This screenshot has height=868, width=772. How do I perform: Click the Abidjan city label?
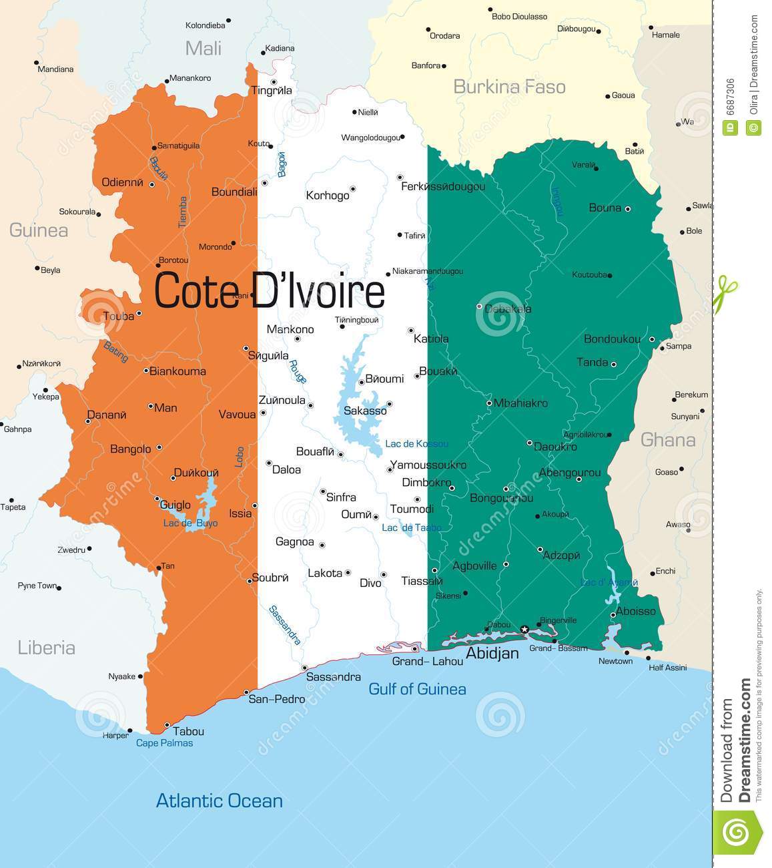tap(492, 654)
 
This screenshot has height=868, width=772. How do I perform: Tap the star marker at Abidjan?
tap(524, 630)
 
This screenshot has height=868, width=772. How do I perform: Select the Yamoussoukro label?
tap(428, 465)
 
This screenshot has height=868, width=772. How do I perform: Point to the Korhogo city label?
tap(327, 196)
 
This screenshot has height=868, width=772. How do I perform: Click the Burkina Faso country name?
tap(509, 87)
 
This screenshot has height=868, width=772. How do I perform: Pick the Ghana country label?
tap(667, 440)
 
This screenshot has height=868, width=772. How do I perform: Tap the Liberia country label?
tap(46, 648)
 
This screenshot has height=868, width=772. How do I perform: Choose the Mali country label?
tap(203, 48)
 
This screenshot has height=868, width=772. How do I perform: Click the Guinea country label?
tap(38, 230)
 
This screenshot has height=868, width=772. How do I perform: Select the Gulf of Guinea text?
tap(417, 689)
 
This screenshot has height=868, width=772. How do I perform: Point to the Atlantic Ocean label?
tap(219, 801)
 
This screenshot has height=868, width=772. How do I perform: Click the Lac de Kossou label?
tap(416, 444)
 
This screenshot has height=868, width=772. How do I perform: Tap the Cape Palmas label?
tap(164, 743)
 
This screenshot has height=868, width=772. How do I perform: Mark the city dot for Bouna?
tap(627, 209)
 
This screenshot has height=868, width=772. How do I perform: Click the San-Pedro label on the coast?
tap(272, 700)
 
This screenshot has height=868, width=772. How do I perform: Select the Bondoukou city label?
tap(612, 339)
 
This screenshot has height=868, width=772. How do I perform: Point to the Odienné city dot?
tap(152, 185)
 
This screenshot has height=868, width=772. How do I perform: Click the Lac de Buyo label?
tap(190, 523)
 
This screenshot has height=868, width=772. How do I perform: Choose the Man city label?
tap(165, 408)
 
